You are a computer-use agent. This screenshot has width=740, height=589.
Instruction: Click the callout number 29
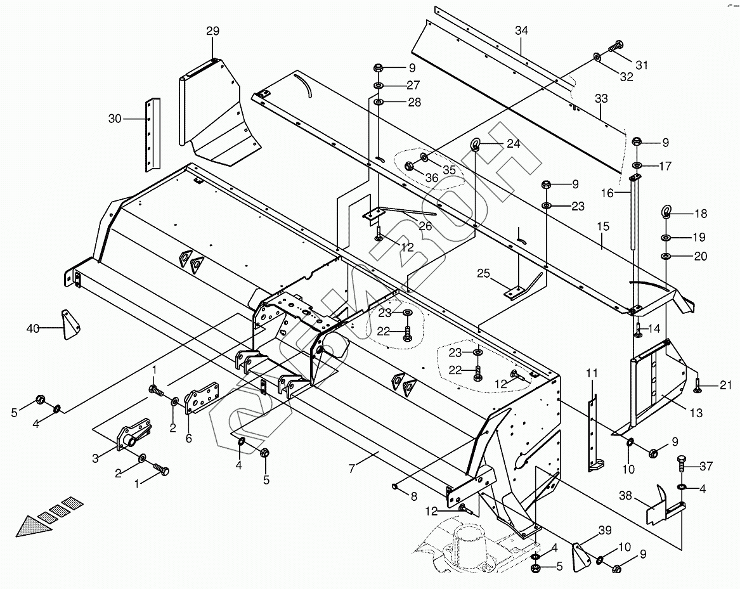tap(212, 31)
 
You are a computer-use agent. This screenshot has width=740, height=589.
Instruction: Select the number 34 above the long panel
tap(521, 30)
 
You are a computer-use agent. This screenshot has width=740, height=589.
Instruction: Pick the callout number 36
tap(432, 178)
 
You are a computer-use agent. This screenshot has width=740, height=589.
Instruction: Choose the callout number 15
tap(602, 226)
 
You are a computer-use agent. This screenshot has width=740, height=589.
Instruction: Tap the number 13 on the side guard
tap(696, 413)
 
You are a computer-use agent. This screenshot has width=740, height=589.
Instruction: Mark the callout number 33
tap(600, 98)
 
